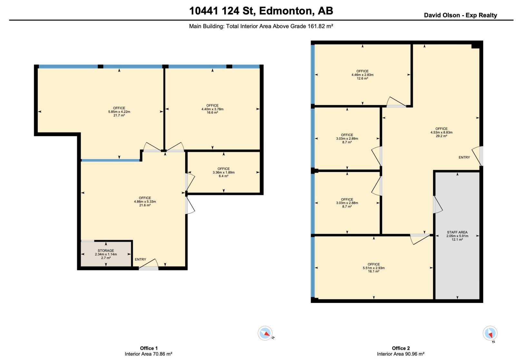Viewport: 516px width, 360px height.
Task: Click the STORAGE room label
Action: [x=106, y=250]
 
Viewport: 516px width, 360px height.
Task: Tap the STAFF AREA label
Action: [x=457, y=232]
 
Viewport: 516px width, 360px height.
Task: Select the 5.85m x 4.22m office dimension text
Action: [x=119, y=112]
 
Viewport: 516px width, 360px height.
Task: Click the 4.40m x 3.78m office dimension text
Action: [x=212, y=109]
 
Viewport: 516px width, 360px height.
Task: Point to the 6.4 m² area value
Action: [x=223, y=176]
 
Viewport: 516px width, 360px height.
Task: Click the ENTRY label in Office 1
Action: [x=140, y=259]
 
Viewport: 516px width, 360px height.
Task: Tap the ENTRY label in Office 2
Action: [x=464, y=157]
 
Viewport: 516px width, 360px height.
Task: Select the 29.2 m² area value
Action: [x=441, y=136]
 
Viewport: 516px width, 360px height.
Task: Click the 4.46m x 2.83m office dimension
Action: [x=362, y=75]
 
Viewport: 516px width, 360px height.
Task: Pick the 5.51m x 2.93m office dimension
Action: [x=373, y=268]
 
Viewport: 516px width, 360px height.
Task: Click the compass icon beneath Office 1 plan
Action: [x=265, y=333]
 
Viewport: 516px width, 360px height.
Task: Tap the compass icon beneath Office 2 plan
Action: [x=490, y=333]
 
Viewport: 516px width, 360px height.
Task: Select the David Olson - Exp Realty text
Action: [x=460, y=15]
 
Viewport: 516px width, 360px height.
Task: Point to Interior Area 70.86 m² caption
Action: [x=148, y=354]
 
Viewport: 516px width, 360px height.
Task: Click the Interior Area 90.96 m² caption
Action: [x=401, y=354]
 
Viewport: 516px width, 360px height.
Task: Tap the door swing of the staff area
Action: [x=438, y=205]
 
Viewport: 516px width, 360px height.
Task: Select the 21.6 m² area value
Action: [x=145, y=205]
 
